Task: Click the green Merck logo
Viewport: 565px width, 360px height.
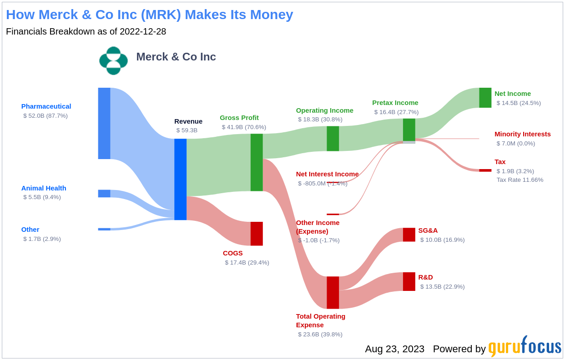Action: pyautogui.click(x=114, y=61)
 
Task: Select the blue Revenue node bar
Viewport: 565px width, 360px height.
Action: pyautogui.click(x=180, y=179)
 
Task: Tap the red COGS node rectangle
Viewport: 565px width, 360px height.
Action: pyautogui.click(x=257, y=234)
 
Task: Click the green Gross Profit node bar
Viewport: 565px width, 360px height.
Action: pyautogui.click(x=257, y=162)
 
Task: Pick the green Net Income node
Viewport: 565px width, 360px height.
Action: pyautogui.click(x=485, y=98)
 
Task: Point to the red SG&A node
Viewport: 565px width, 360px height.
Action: pyautogui.click(x=409, y=235)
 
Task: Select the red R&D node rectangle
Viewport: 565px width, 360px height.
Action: pyautogui.click(x=409, y=282)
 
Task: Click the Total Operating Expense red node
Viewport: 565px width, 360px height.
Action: pyautogui.click(x=333, y=292)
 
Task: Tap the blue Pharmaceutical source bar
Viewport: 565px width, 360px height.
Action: pyautogui.click(x=104, y=123)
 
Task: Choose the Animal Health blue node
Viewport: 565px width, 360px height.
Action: pyautogui.click(x=104, y=193)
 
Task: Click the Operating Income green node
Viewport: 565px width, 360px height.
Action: pyautogui.click(x=333, y=139)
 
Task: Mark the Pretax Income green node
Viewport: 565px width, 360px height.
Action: pyautogui.click(x=409, y=130)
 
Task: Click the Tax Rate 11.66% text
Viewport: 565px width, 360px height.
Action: pyautogui.click(x=520, y=180)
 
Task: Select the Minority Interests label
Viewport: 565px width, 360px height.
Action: pyautogui.click(x=522, y=134)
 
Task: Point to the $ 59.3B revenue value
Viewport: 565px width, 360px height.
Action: pyautogui.click(x=187, y=130)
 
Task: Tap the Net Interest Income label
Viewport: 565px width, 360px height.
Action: pyautogui.click(x=327, y=174)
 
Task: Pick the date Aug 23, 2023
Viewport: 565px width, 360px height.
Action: pyautogui.click(x=395, y=349)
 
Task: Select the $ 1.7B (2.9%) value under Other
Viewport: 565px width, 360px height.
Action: pyautogui.click(x=42, y=239)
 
